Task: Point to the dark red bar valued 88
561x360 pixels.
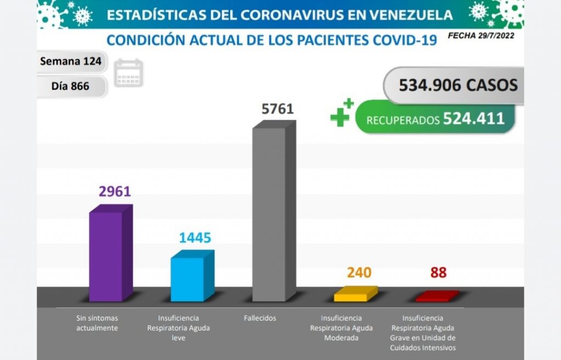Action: point(436,297)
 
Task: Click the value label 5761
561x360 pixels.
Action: point(278,108)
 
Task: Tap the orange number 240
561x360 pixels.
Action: point(359,272)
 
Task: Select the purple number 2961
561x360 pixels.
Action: point(115,191)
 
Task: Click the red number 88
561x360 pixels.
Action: point(438,272)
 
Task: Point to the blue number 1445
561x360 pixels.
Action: point(195,238)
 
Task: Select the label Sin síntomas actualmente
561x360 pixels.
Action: point(97,323)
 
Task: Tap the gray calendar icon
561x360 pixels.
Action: point(129,73)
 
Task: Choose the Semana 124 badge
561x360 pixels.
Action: point(71,61)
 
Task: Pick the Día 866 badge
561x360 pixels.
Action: point(71,86)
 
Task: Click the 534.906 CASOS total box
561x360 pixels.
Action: point(458,85)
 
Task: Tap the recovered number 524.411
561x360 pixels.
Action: point(473,118)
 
